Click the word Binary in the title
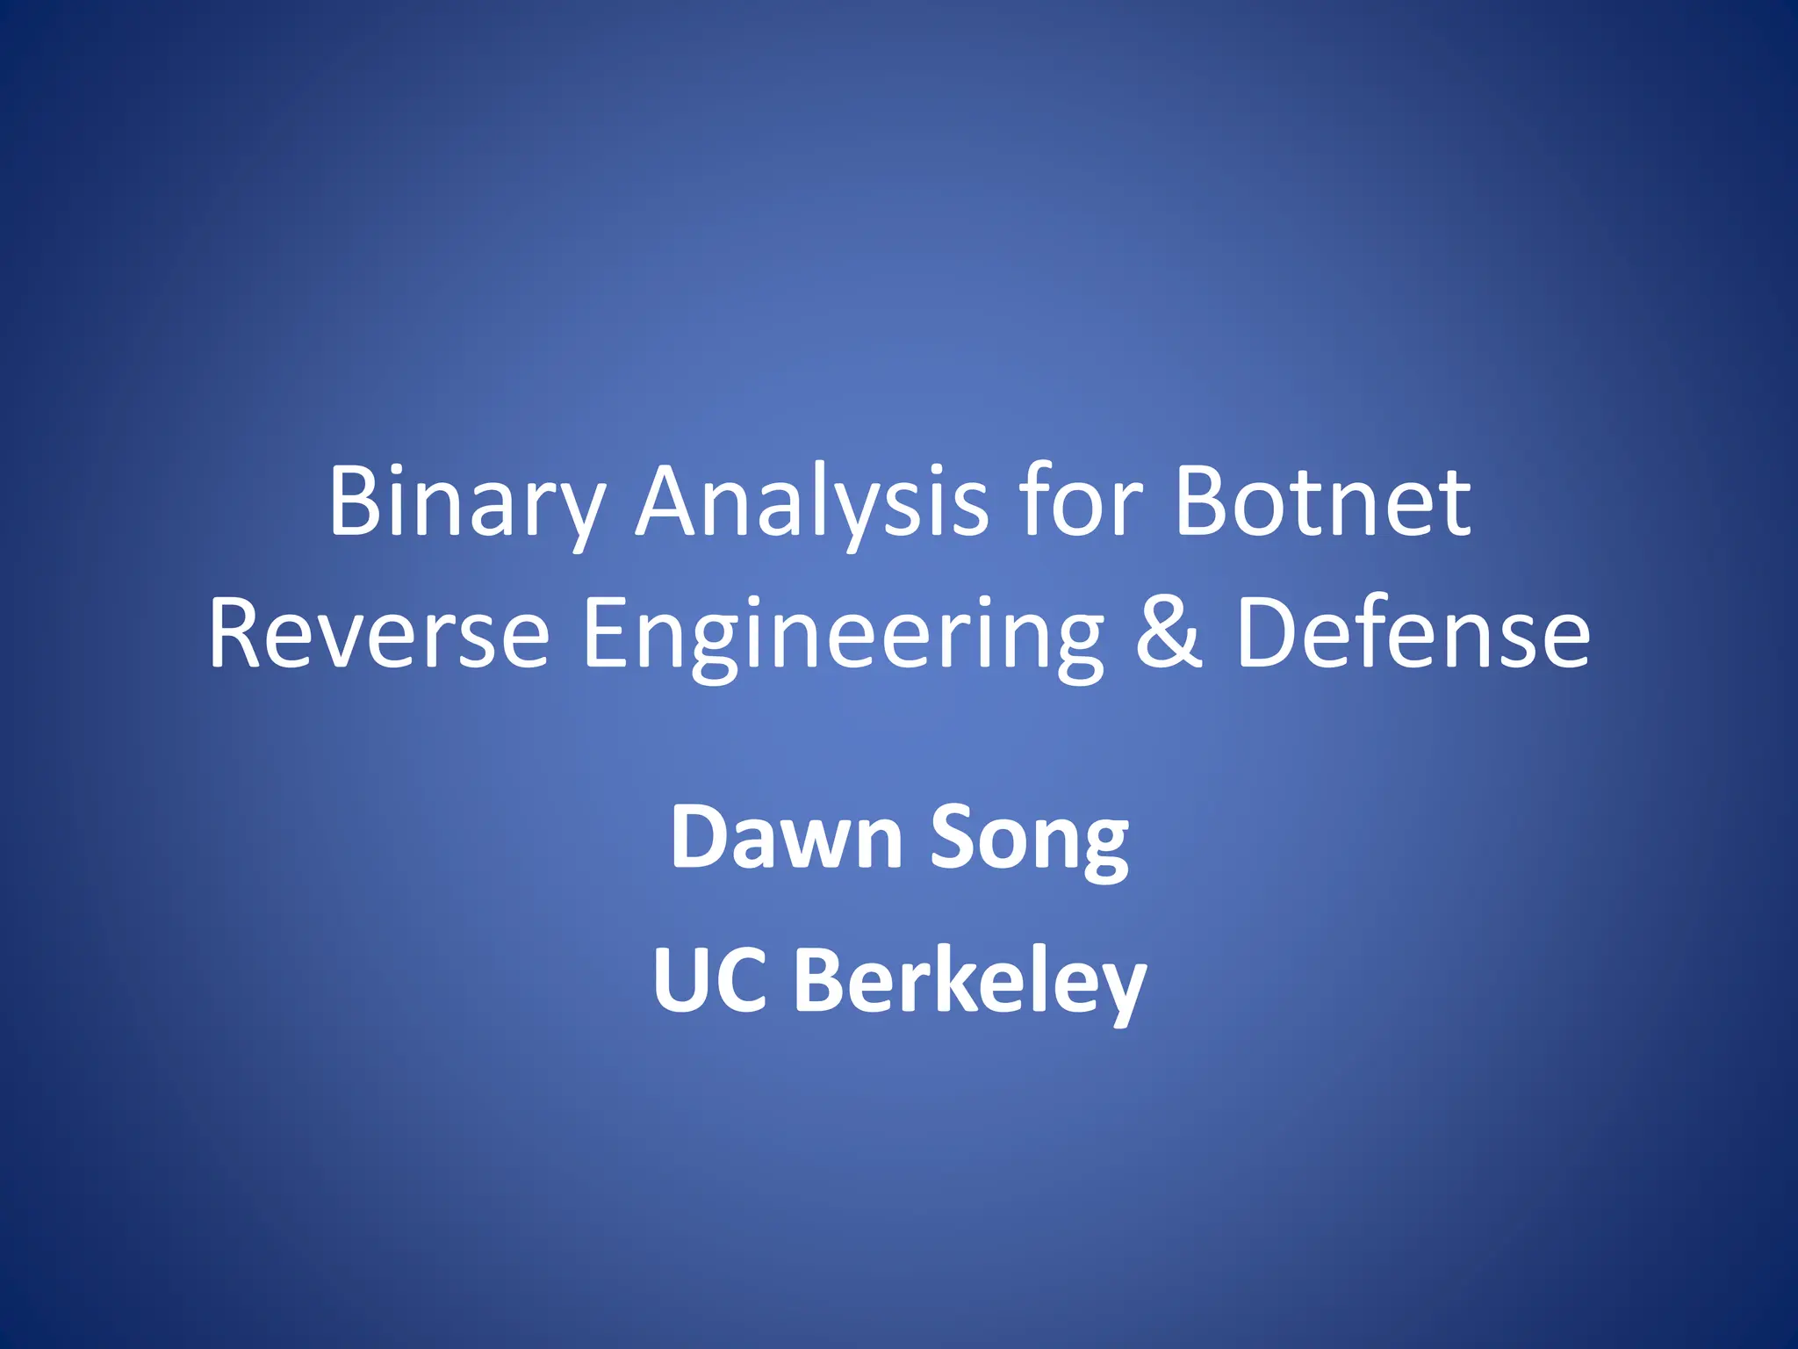(465, 502)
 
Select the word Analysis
(812, 502)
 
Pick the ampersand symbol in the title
(1169, 632)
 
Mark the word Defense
(1413, 632)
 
